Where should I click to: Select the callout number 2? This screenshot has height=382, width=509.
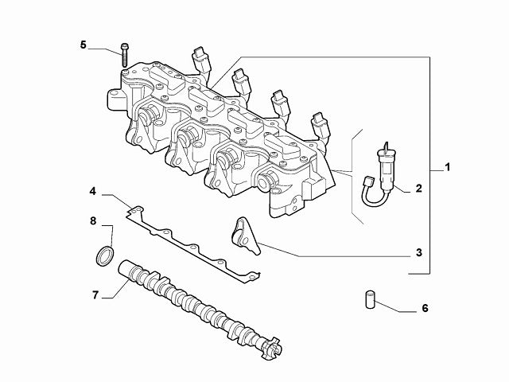click(418, 189)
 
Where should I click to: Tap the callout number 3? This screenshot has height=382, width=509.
click(418, 254)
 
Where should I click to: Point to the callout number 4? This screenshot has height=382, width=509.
click(93, 192)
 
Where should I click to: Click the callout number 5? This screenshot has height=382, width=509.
click(84, 45)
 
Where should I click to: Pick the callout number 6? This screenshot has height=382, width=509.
click(424, 307)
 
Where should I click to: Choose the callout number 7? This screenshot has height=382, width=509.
click(95, 294)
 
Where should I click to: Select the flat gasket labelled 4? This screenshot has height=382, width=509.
click(191, 239)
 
